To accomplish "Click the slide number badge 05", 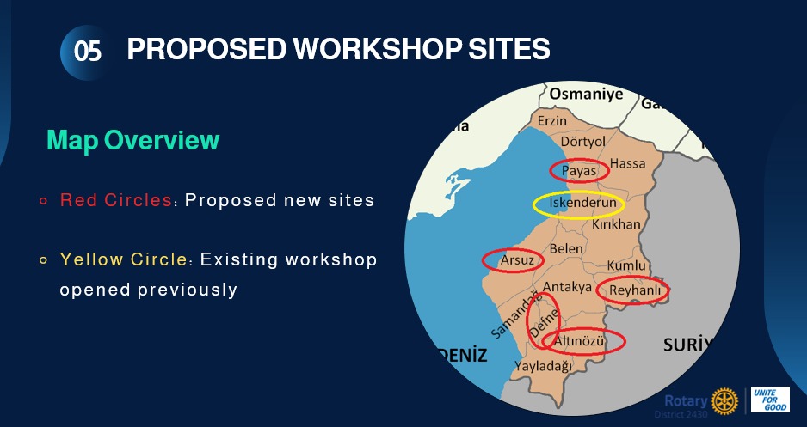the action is pos(87,52).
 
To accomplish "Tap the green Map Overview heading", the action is pos(132,140).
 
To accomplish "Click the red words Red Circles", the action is pos(116,200).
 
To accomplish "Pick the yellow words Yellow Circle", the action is pos(124,259).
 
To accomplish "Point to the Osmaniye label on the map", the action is pos(586,95).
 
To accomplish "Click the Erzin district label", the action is pos(552,121).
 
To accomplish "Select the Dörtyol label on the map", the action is pos(582,141).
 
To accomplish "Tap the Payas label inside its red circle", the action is pos(578,171).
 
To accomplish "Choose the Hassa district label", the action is pos(627,163).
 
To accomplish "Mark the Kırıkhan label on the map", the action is pos(616,224).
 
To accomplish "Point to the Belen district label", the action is pos(566,248).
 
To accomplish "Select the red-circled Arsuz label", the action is pos(517,260).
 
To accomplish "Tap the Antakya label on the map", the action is pos(568,287).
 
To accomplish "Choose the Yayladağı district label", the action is pos(544,366).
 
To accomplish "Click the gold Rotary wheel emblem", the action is pos(724,400).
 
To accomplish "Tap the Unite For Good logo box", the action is pos(770,400).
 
